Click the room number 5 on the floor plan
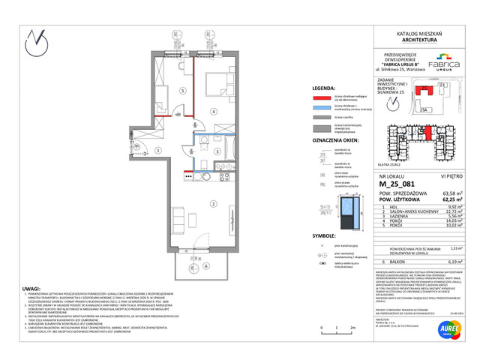coord(182,89)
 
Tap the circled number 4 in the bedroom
coord(214,112)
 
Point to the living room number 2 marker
coord(212,203)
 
